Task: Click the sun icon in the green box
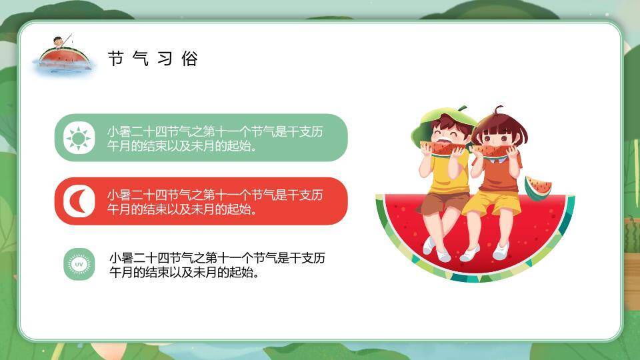79,138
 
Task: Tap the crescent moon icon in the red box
79,201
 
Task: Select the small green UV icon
79,265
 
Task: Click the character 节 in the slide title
116,59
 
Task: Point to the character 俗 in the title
190,59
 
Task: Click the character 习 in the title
165,59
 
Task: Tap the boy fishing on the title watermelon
61,41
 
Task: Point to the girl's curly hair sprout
497,109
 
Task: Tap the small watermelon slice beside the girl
537,187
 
